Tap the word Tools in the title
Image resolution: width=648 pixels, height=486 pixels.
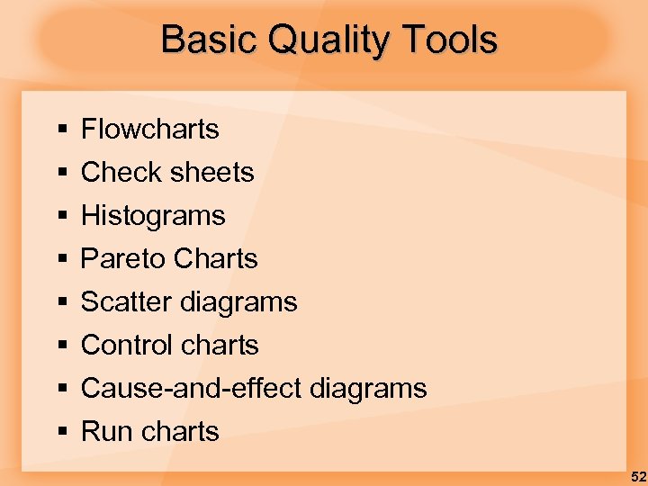[x=449, y=40]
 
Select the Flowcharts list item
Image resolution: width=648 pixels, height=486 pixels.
[x=149, y=130]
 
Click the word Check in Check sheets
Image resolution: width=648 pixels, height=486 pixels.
[x=119, y=173]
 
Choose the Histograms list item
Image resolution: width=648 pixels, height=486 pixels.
[x=153, y=216]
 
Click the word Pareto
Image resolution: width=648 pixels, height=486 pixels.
[x=123, y=259]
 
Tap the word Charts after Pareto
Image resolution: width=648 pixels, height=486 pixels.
[x=216, y=259]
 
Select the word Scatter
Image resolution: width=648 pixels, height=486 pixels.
[x=127, y=302]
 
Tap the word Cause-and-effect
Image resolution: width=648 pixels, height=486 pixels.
[x=191, y=389]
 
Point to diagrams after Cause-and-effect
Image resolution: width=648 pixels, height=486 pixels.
[x=368, y=390]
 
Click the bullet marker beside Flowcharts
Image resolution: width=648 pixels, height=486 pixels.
[x=62, y=130]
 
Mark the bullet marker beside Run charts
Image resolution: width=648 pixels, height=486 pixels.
[x=62, y=433]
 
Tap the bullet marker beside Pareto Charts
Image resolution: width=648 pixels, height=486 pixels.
[x=62, y=260]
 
